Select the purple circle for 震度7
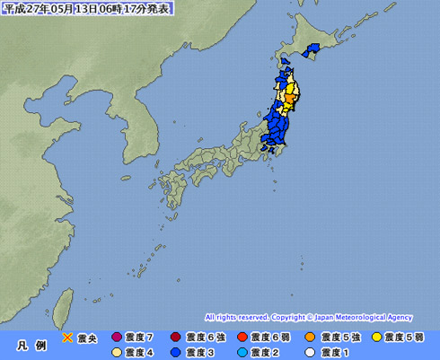[116, 338]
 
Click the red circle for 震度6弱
[242, 338]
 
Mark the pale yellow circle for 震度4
[116, 352]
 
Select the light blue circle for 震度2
[242, 352]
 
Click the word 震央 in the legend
[87, 338]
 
